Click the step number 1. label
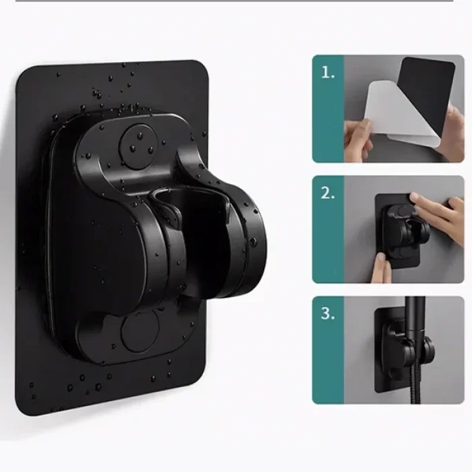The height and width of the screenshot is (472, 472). tap(328, 73)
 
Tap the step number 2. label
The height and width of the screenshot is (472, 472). tap(328, 193)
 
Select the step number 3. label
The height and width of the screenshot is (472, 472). tap(328, 314)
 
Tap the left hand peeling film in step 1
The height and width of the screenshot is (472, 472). tap(357, 138)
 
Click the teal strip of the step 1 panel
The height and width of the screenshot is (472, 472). tap(328, 109)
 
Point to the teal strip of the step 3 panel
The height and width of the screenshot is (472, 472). tap(328, 350)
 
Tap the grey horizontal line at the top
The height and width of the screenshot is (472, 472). tap(235, 1)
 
